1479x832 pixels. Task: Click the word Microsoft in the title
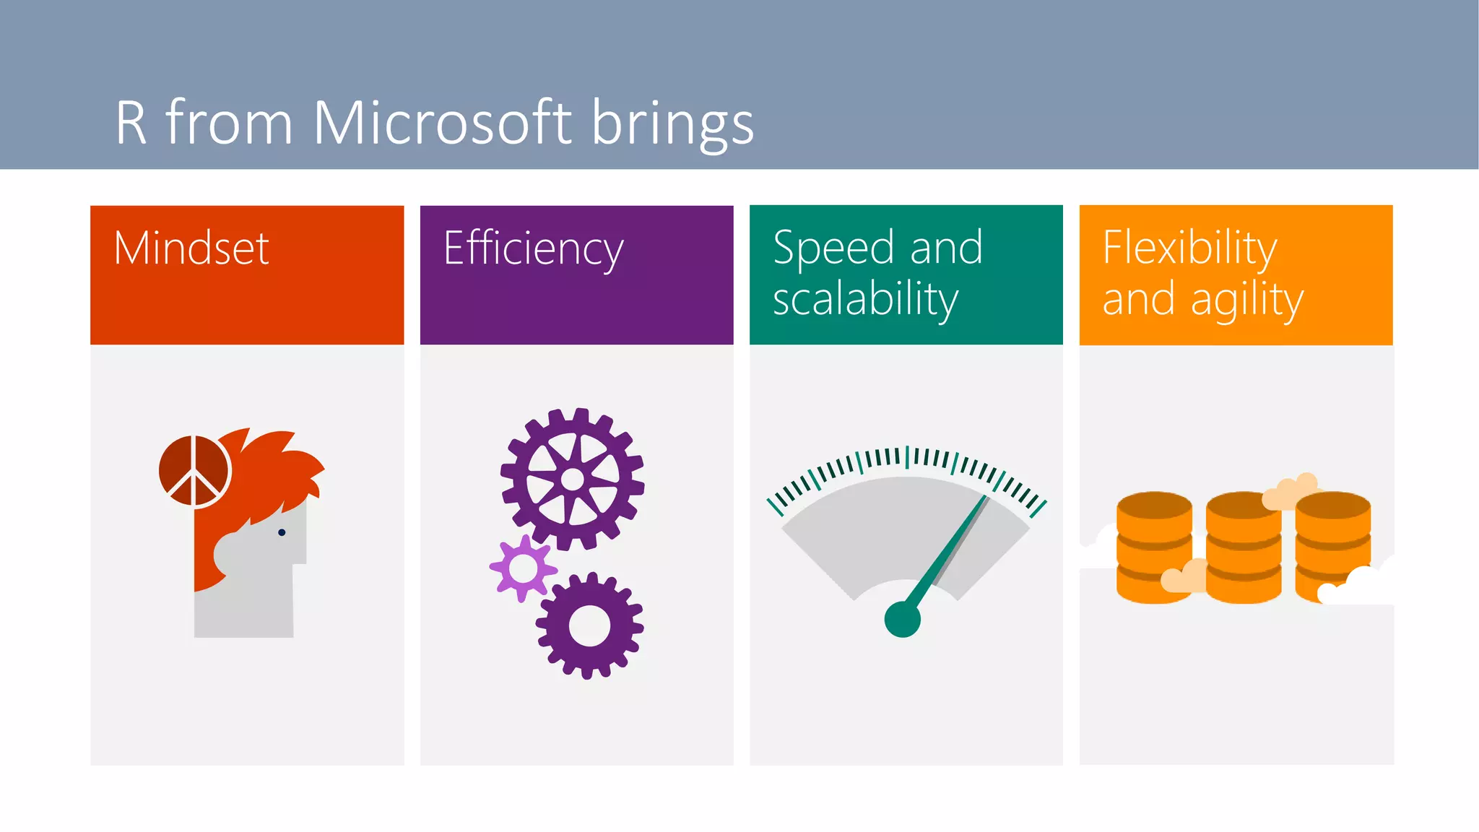click(x=442, y=123)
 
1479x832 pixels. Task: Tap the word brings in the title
click(x=672, y=124)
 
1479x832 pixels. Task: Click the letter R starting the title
click(x=131, y=123)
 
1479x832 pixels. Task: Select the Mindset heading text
click(x=191, y=248)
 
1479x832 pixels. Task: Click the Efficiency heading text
click(x=533, y=248)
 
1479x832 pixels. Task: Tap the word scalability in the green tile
click(x=865, y=300)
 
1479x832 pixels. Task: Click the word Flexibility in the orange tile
click(x=1189, y=248)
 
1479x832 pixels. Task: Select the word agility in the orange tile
click(x=1246, y=300)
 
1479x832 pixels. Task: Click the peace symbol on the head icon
click(x=194, y=472)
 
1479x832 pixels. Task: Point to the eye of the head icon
click(x=282, y=532)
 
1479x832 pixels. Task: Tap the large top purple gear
click(x=572, y=479)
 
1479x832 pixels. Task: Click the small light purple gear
click(x=523, y=568)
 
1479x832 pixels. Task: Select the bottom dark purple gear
click(x=589, y=625)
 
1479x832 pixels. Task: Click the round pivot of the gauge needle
click(x=902, y=619)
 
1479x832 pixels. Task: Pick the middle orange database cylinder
click(x=1243, y=549)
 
